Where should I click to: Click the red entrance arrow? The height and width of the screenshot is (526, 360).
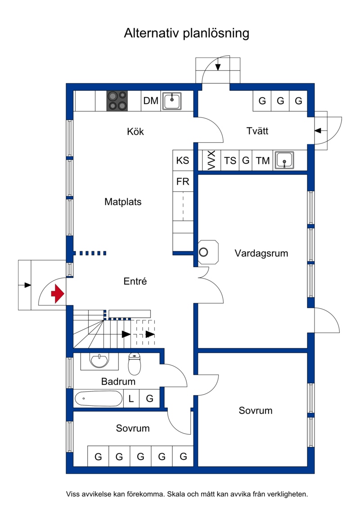pos(57,294)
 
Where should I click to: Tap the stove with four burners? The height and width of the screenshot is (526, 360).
pos(117,101)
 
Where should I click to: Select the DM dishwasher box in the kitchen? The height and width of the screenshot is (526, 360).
pos(151,101)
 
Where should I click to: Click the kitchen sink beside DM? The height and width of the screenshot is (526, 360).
pos(172,101)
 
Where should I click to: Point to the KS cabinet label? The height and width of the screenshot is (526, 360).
pos(183,161)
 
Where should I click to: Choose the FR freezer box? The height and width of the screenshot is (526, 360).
pos(183,182)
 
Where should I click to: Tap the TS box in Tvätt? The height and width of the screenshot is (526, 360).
pos(230,161)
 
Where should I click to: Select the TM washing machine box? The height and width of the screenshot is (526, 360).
pos(263,161)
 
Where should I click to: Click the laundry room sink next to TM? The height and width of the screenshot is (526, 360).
pos(284,160)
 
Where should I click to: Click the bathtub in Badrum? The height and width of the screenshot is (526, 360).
pos(98,399)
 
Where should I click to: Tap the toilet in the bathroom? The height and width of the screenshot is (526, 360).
pos(135,364)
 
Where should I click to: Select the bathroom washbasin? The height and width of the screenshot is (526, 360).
pos(99,361)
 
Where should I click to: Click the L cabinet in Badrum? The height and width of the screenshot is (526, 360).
pos(131,398)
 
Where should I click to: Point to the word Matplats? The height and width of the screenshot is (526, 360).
pos(123,202)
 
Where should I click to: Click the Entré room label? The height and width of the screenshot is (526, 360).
pos(135,282)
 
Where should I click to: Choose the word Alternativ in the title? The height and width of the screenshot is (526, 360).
pos(152,33)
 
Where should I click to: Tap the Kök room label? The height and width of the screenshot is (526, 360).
pos(135,132)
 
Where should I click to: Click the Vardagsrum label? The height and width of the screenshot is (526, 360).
pos(261,253)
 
